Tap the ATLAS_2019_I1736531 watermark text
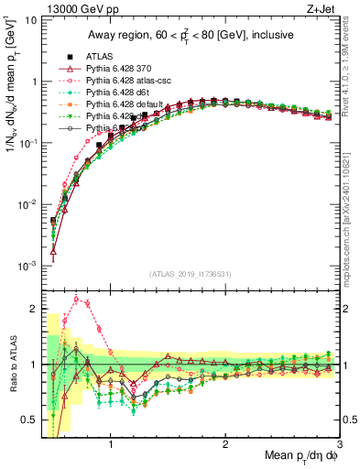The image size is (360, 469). pyautogui.click(x=190, y=274)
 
